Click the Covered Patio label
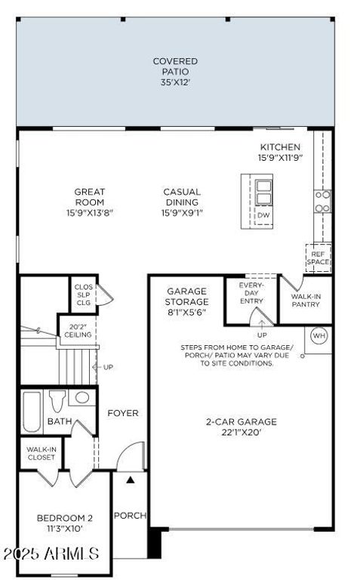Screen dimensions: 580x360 click(175, 72)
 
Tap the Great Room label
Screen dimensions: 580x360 click(89, 202)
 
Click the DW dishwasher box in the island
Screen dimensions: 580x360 click(263, 216)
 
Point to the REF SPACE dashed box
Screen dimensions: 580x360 click(318, 258)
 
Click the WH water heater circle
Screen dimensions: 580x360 click(318, 335)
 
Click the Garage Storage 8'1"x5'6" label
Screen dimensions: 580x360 click(186, 301)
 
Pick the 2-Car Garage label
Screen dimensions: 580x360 click(242, 427)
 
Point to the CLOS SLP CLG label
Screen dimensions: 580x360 click(82, 295)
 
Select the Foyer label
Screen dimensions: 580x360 click(123, 413)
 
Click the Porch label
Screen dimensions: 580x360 click(129, 516)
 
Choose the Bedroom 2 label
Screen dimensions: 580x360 click(65, 523)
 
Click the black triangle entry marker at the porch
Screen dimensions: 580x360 click(131, 479)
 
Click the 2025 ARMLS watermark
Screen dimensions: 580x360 click(51, 554)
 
